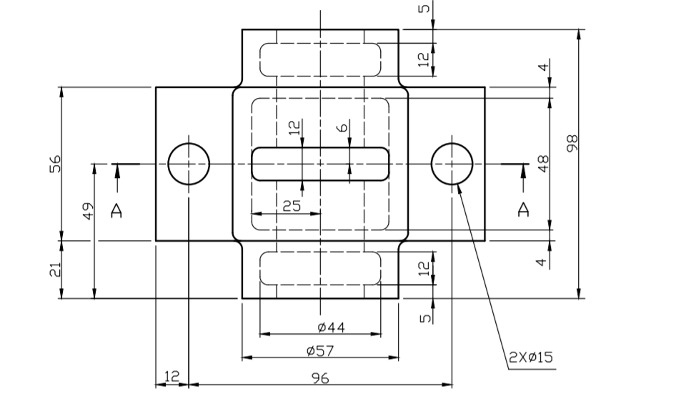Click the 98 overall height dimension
coord(572,143)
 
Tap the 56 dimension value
coord(56,164)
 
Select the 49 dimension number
coord(88,211)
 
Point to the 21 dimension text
coord(55,270)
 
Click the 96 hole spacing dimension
coord(321,378)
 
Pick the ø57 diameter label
coord(320,350)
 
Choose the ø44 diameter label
coord(331,327)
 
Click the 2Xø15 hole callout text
coord(531,357)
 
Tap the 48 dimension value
coord(543,164)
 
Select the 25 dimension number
coord(292,206)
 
